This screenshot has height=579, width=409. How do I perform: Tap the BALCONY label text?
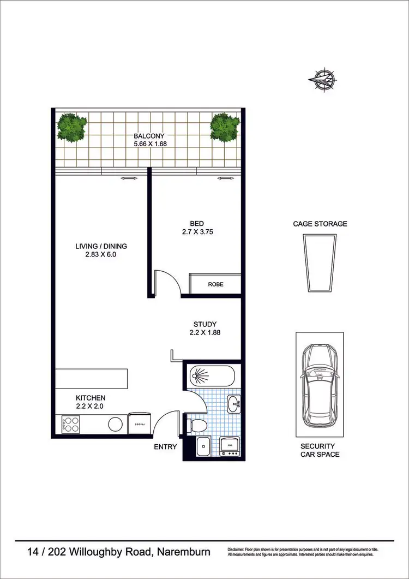(149, 136)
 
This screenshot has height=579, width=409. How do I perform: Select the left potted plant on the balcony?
(72, 127)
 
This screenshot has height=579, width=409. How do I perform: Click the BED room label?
(197, 224)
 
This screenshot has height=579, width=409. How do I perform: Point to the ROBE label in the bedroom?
(215, 284)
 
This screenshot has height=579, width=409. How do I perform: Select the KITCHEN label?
(91, 398)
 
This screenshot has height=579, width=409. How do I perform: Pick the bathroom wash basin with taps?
(234, 404)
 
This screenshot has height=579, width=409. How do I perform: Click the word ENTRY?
(165, 447)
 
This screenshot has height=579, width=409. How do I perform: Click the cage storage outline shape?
(320, 264)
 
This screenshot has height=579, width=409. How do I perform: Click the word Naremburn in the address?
(184, 552)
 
